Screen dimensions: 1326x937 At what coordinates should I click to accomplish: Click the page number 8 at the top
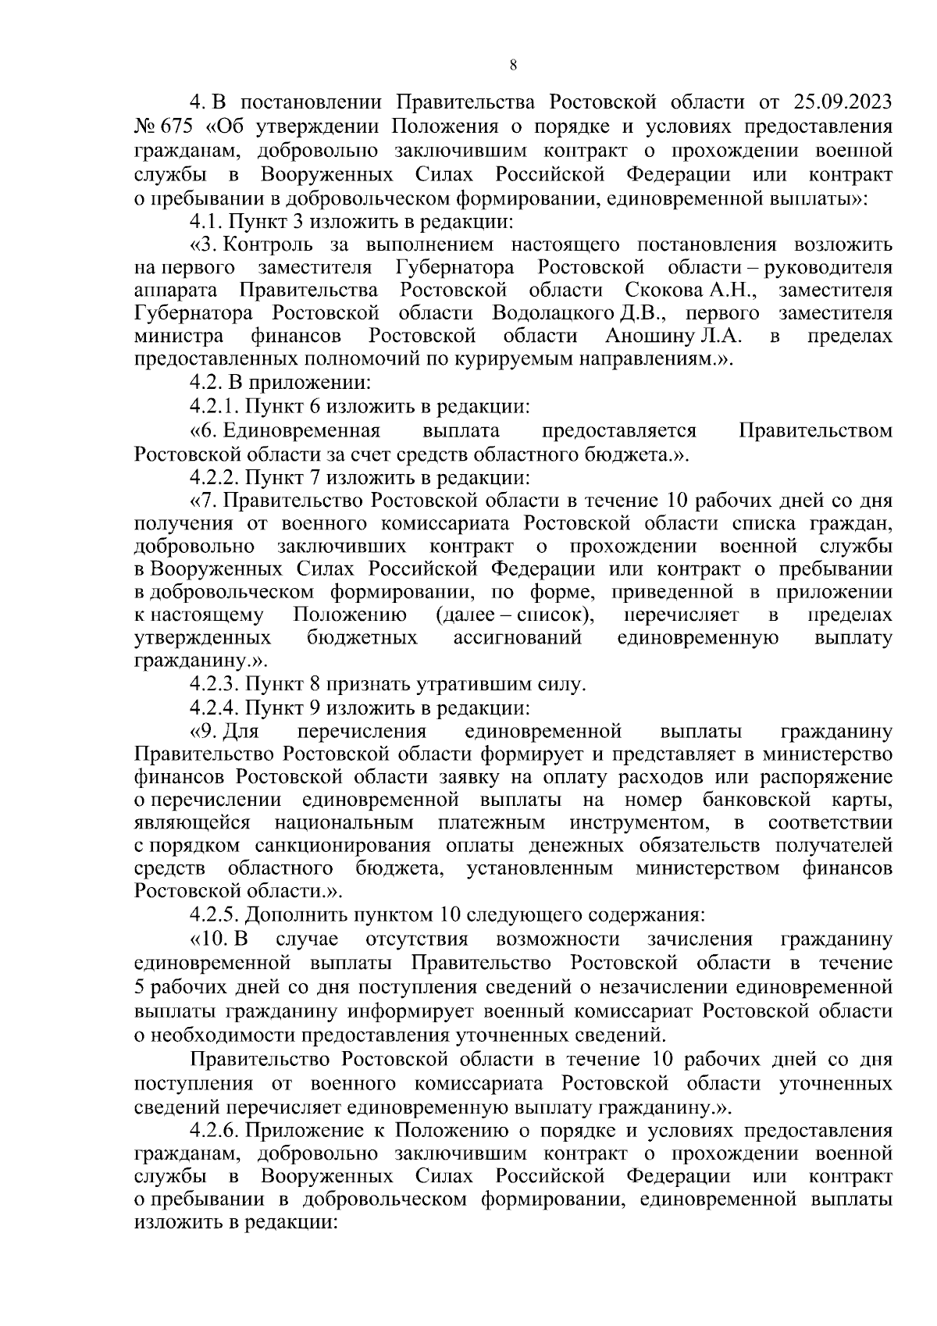(512, 66)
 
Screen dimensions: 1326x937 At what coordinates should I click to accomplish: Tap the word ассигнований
(518, 638)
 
